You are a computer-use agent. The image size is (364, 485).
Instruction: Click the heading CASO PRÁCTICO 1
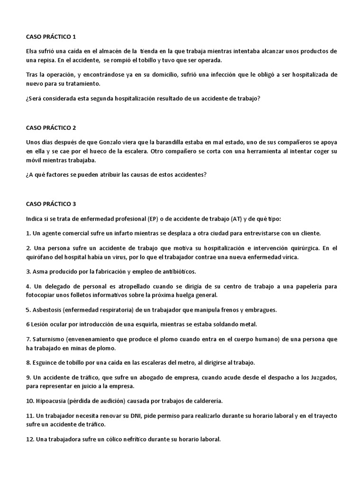coord(51,37)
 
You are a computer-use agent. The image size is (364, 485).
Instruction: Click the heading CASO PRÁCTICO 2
coord(51,128)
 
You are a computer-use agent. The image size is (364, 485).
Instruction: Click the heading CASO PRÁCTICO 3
coord(51,204)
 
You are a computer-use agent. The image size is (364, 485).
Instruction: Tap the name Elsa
coord(32,51)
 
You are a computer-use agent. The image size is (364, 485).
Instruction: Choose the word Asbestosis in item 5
coord(48,310)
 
